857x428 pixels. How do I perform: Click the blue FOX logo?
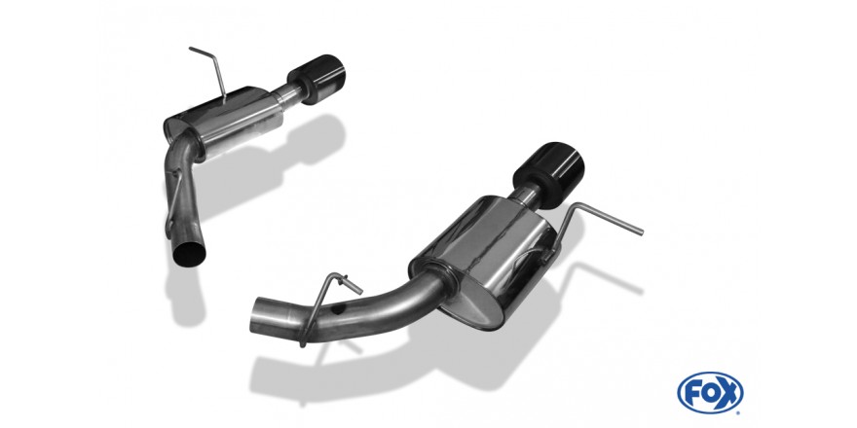coord(710,393)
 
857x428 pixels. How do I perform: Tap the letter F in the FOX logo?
coord(693,393)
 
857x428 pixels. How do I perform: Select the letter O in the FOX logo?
coord(710,393)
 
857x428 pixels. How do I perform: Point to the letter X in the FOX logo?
coord(728,393)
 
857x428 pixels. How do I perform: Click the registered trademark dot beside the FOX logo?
coord(740,411)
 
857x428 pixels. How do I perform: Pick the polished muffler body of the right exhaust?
coord(485,258)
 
